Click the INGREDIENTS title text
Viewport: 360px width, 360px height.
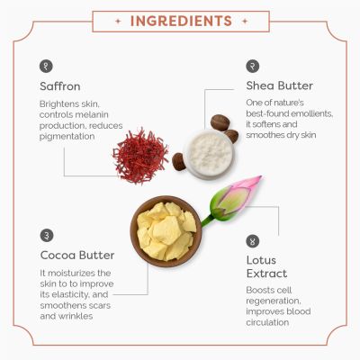click(181, 21)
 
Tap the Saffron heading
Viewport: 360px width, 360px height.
click(60, 86)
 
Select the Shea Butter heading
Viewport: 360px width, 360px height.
click(279, 85)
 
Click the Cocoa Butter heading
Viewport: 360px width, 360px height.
click(77, 256)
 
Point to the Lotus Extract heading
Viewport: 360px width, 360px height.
click(266, 266)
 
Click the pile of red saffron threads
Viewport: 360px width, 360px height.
click(140, 156)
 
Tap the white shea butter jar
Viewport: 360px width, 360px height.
click(210, 155)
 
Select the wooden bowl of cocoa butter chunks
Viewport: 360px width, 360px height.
click(166, 231)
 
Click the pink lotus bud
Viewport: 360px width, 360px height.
click(237, 195)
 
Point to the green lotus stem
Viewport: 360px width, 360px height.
click(208, 220)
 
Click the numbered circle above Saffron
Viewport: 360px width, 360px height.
click(46, 66)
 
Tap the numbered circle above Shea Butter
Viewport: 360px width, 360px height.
click(253, 66)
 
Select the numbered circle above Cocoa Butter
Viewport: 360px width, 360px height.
click(47, 235)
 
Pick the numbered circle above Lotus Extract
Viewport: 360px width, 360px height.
click(253, 241)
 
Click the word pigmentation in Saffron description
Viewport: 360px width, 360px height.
click(67, 137)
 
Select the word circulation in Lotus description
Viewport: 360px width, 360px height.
click(267, 322)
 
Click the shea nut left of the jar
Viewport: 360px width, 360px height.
click(179, 162)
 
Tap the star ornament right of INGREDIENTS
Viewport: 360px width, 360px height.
click(245, 22)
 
